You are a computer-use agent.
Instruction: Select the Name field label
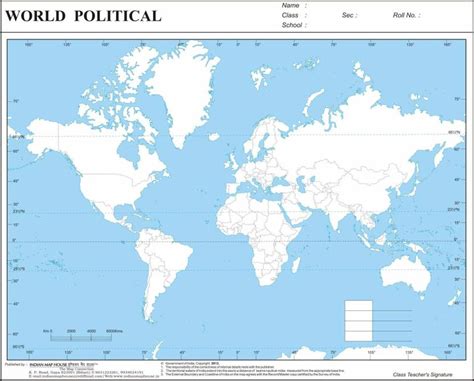click(290, 6)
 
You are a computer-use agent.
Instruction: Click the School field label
click(292, 25)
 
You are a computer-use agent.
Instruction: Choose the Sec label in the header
click(349, 15)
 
